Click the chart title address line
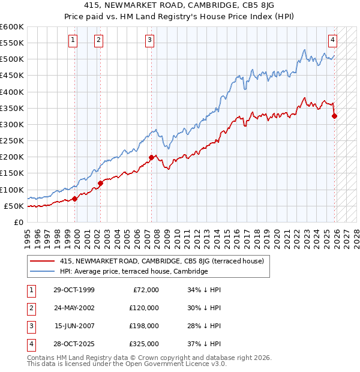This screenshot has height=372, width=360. point(179,7)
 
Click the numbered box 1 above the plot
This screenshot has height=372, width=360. point(73,40)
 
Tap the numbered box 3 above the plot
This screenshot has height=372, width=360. point(149,40)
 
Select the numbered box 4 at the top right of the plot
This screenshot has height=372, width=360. point(332,40)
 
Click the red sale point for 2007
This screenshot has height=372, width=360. point(151,158)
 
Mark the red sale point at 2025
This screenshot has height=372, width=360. point(334,116)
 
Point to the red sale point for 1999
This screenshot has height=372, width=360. point(74,199)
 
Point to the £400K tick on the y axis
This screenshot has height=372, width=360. point(13,92)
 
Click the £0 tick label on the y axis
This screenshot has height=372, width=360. point(19,222)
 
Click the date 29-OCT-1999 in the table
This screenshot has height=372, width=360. point(74,290)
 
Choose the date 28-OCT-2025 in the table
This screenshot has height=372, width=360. point(74,344)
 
